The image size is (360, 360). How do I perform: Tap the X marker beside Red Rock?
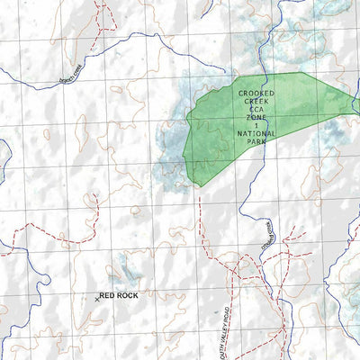coord(95,296)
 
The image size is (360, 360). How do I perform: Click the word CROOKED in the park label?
coord(257,93)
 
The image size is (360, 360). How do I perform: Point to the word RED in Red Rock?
coord(107,294)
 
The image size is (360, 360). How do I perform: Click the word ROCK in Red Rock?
coord(127,294)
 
